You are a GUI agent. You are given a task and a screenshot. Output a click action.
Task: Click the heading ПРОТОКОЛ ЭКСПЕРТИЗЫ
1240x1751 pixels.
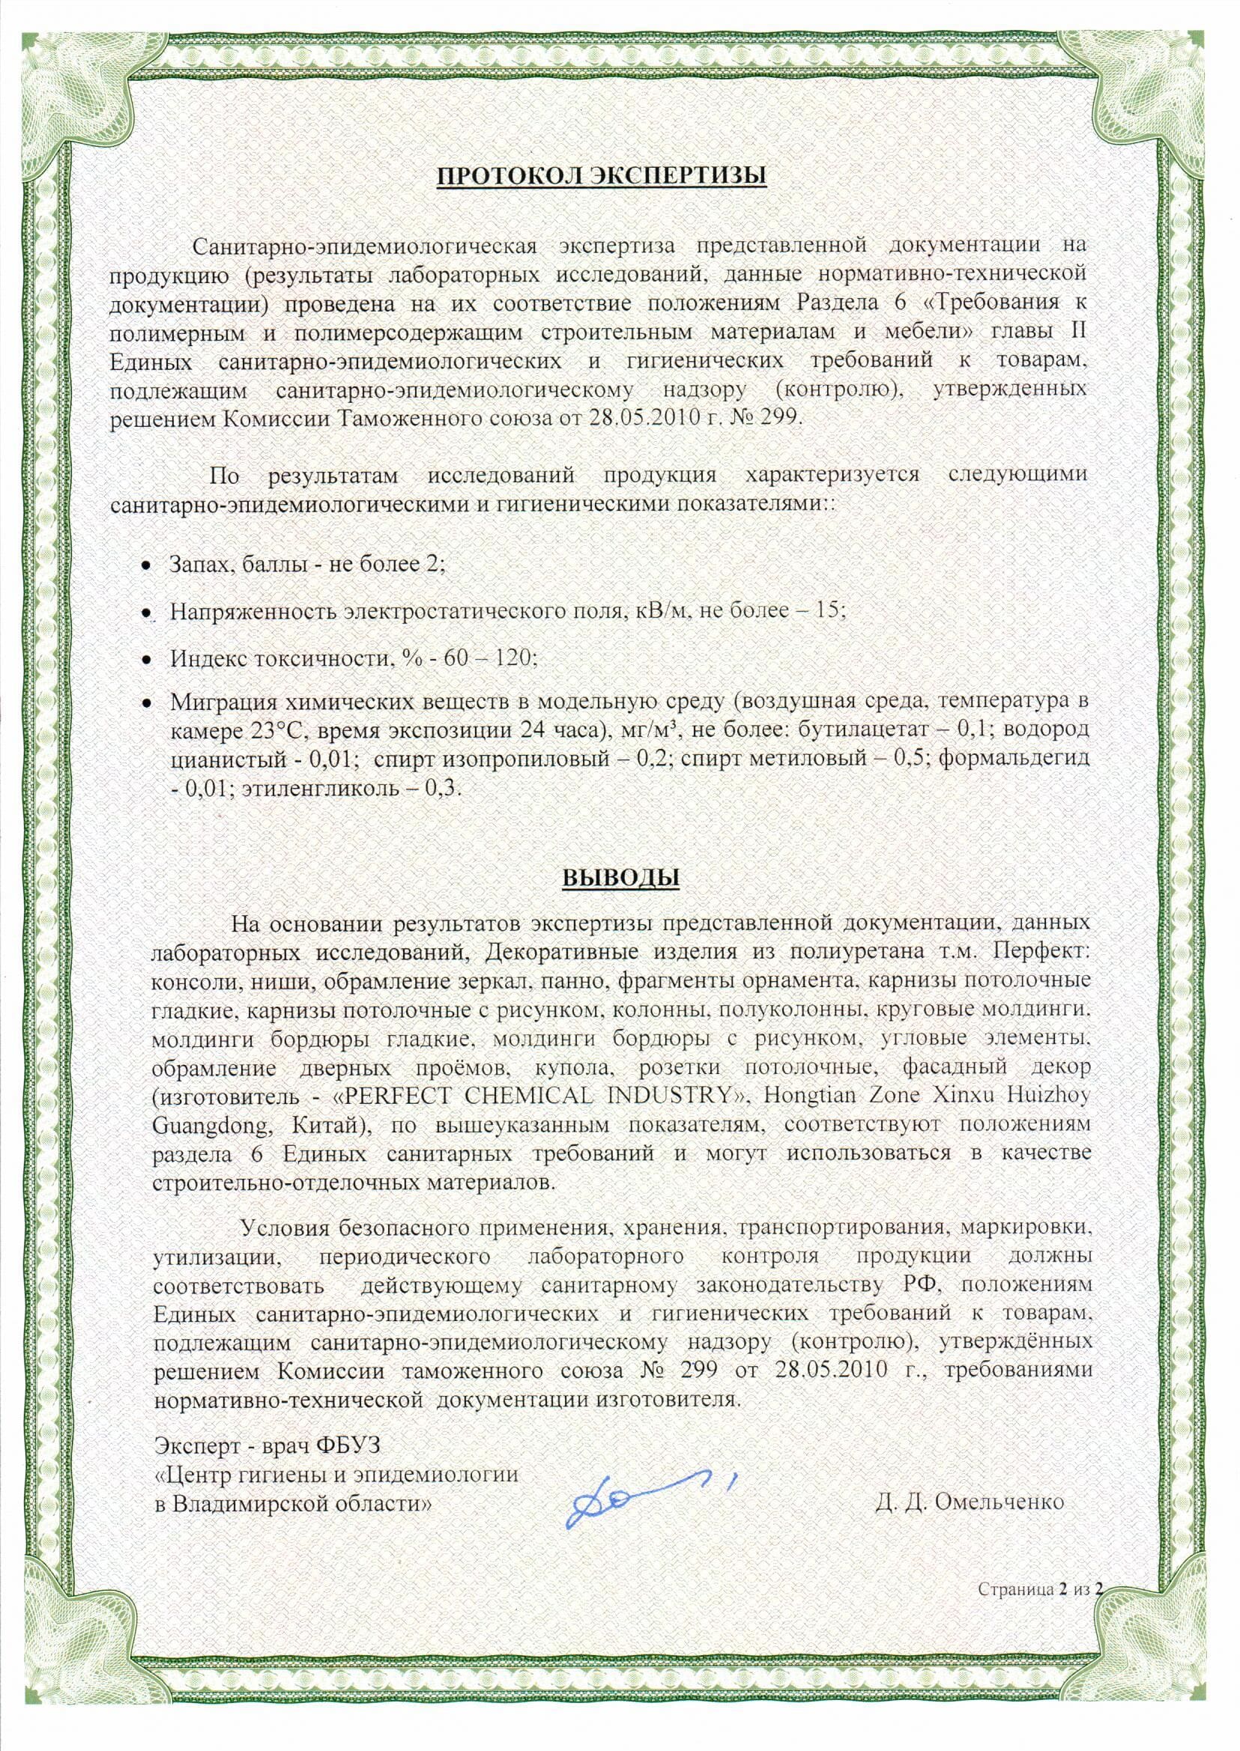601,175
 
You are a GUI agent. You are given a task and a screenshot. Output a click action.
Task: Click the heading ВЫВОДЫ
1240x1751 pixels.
621,877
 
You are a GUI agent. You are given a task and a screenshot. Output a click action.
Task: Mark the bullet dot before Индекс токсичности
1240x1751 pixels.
145,659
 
